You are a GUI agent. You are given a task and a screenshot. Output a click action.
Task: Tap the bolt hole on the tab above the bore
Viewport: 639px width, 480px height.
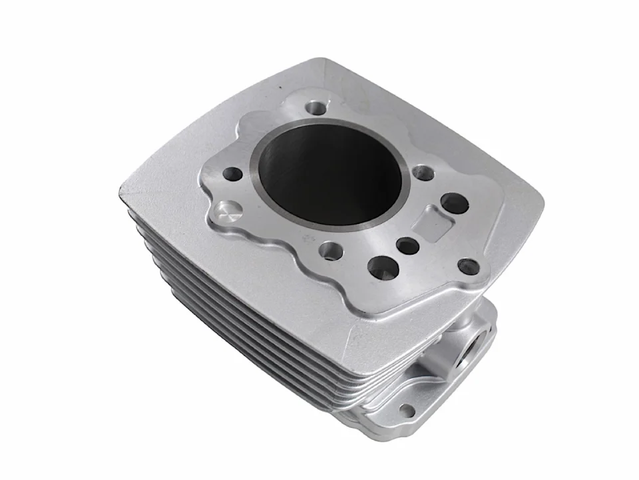click(314, 107)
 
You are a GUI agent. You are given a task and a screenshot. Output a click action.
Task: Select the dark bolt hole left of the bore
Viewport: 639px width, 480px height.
click(233, 175)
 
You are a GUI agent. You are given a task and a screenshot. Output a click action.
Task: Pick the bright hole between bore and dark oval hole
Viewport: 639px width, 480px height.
click(423, 173)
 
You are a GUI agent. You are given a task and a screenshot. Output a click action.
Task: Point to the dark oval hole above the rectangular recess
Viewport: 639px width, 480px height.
click(454, 202)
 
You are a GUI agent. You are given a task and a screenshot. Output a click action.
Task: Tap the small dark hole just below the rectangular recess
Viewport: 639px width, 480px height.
click(407, 246)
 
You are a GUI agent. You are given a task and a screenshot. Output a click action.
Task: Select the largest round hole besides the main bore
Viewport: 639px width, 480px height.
click(383, 267)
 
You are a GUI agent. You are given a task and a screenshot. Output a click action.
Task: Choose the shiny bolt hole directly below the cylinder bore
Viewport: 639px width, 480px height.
click(331, 251)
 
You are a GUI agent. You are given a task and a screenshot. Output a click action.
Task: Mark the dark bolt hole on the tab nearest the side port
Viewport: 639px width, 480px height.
click(469, 266)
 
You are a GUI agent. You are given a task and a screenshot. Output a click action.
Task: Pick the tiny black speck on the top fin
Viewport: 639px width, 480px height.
click(280, 87)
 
